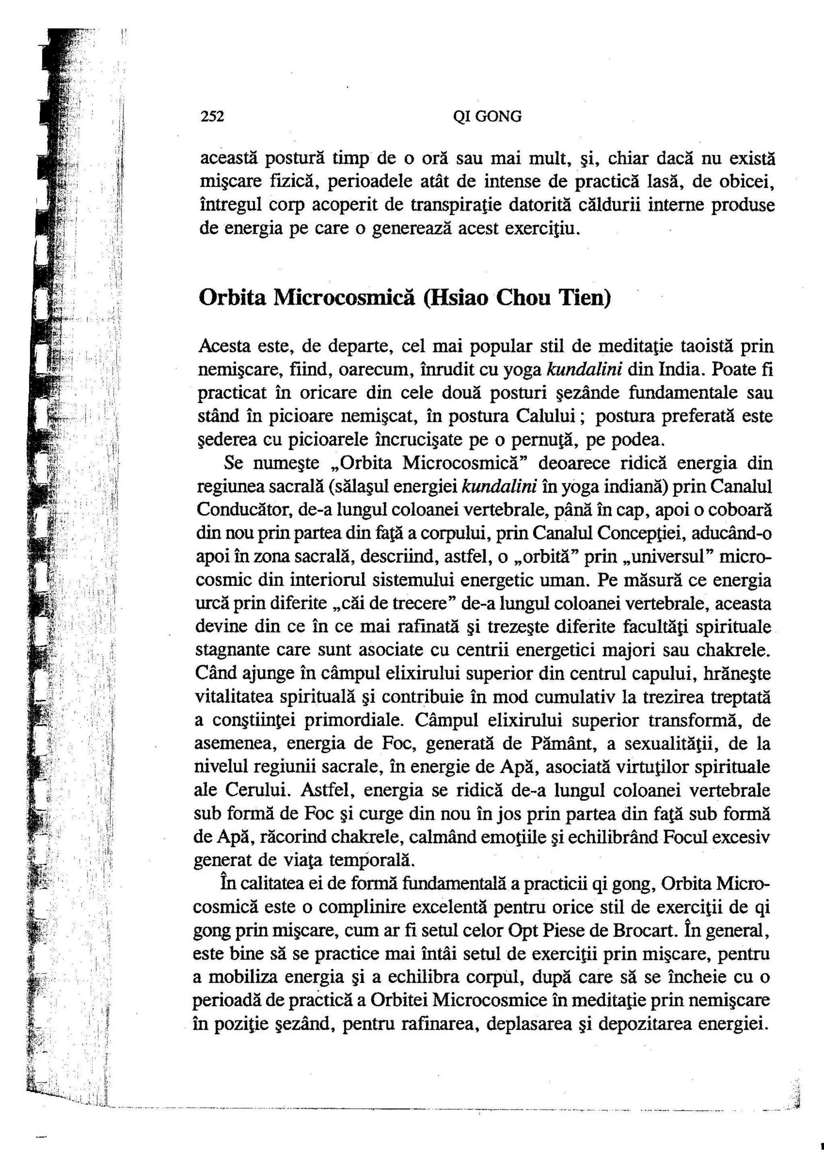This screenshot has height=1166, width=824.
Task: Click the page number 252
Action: (212, 117)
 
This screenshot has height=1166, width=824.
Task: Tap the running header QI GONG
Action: (487, 117)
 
